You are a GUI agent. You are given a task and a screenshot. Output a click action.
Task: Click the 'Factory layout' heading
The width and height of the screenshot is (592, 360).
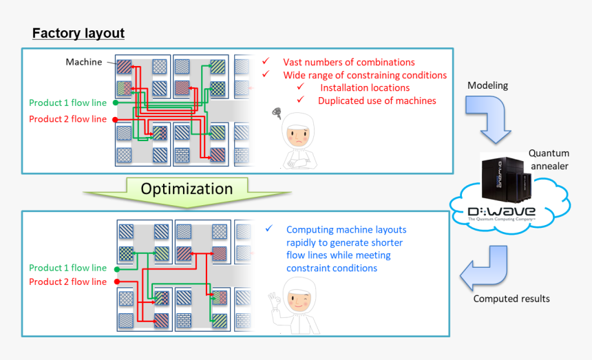78,34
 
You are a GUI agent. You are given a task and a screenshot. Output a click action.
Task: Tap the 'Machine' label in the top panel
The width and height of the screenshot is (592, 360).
83,62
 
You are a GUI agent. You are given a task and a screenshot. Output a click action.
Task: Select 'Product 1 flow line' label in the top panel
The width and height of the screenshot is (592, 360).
67,103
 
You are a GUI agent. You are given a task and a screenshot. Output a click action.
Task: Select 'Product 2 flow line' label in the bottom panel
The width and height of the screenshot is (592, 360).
67,282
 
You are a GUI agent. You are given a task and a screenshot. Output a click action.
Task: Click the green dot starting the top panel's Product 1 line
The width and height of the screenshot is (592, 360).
115,103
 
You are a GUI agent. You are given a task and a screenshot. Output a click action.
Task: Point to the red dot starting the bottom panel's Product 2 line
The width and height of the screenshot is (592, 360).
115,282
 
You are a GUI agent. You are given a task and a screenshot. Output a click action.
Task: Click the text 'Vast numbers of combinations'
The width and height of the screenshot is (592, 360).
348,63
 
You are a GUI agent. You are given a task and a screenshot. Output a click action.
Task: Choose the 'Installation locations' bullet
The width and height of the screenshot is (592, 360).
364,88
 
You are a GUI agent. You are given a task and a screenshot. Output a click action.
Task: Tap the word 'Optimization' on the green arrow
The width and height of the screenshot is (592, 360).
187,189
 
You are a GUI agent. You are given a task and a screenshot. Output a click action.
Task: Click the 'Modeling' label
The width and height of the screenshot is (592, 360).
487,85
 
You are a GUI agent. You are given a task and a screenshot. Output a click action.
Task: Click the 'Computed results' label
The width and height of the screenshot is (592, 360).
511,299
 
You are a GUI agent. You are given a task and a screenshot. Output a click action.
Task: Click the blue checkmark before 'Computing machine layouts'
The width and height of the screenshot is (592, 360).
269,229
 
